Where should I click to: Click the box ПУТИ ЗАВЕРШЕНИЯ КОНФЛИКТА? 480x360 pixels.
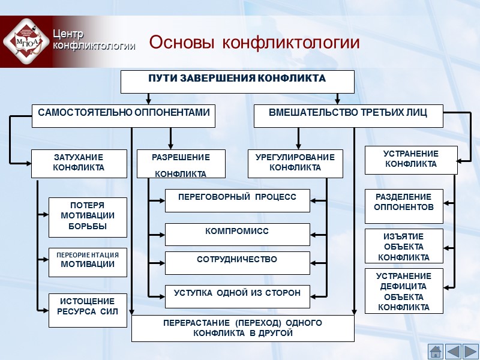pos(237,82)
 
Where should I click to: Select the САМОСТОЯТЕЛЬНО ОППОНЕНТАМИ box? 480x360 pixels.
pos(124,116)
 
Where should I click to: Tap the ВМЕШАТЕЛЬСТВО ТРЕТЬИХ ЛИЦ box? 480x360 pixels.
pos(348,116)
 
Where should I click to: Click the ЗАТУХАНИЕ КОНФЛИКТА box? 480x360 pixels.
pos(79,163)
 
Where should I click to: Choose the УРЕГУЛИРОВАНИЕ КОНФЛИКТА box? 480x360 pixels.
pos(295,163)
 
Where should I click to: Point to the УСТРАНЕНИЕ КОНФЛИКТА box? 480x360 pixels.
pos(410,160)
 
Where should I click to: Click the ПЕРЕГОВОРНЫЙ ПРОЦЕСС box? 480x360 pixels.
pos(237,200)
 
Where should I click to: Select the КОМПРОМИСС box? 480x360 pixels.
pos(237,234)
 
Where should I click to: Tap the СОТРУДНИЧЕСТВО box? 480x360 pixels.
pos(237,263)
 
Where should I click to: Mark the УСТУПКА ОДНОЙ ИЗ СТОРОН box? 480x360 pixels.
pos(237,296)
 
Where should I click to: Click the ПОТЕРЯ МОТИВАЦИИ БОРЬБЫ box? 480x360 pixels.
pos(88,217)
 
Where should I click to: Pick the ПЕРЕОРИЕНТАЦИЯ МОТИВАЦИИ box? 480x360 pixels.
pos(88,262)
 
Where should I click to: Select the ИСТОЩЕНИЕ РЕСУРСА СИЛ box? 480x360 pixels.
pos(88,310)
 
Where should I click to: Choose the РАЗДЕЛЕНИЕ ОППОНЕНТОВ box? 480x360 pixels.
pos(404,206)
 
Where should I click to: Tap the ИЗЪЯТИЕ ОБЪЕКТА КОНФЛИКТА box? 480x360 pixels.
pos(404,246)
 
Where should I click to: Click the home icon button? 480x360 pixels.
pos(436,351)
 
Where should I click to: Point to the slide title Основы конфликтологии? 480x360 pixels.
pos(254,43)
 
